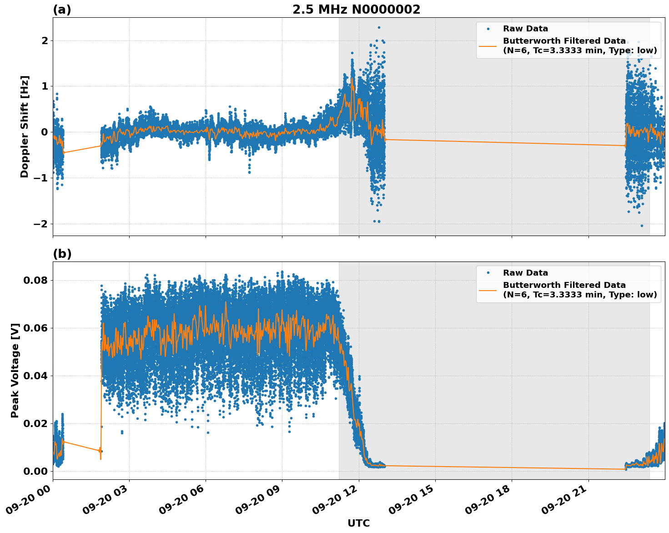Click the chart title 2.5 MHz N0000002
click(356, 10)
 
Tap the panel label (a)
click(62, 10)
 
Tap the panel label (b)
click(62, 254)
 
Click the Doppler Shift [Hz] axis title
click(25, 126)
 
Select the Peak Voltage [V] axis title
click(15, 371)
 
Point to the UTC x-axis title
click(358, 523)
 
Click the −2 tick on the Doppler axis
click(40, 224)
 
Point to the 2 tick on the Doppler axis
click(45, 41)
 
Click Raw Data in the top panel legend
click(525, 29)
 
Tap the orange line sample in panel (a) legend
click(488, 45)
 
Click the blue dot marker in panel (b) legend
click(488, 273)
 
